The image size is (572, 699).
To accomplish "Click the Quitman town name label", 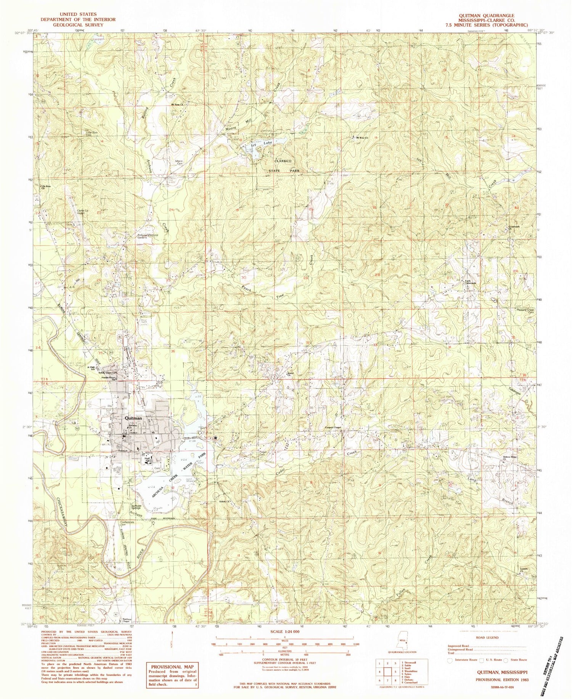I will (x=132, y=418).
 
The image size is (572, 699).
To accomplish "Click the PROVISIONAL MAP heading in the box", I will (x=172, y=667).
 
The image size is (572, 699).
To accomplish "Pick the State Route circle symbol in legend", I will (x=506, y=659).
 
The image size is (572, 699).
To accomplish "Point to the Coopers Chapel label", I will (x=332, y=427).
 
